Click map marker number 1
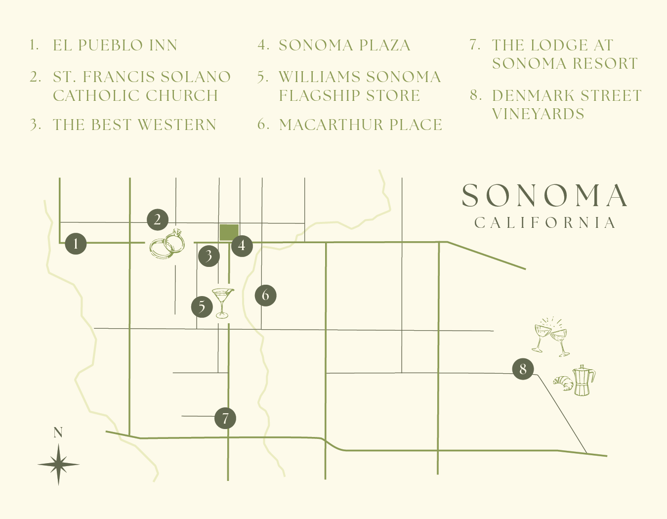76,244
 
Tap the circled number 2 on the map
158,219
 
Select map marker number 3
209,256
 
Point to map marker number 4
242,245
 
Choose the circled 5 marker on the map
202,306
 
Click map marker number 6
265,295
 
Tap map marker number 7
225,418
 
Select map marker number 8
523,369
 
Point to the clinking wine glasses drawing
551,337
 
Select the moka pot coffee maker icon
584,381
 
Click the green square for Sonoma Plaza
229,232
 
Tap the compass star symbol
58,464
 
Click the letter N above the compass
58,433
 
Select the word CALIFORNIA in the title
545,223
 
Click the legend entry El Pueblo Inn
115,45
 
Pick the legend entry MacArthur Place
360,125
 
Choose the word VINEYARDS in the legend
538,114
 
